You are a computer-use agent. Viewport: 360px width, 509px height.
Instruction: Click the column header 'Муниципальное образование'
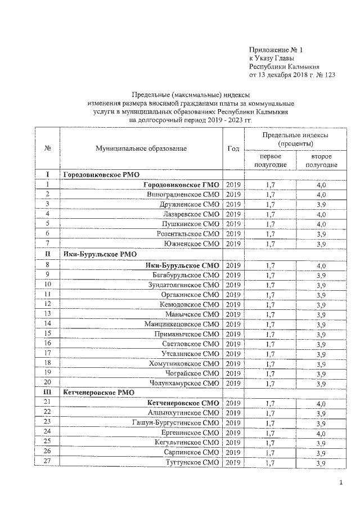tap(141, 148)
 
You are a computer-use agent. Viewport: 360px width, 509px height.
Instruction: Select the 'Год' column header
tap(233, 148)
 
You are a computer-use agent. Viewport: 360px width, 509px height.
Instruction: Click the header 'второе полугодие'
tap(321, 160)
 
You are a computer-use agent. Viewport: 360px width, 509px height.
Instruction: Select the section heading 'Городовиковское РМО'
tap(101, 175)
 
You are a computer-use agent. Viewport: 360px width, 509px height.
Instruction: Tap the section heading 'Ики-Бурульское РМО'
tap(96, 254)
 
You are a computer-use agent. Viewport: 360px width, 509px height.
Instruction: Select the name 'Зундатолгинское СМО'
tap(182, 285)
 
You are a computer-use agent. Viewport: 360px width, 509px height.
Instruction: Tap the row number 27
tap(47, 462)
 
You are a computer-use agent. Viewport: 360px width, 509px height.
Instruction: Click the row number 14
tap(47, 323)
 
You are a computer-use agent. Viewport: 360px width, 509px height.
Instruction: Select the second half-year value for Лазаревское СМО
tap(321, 214)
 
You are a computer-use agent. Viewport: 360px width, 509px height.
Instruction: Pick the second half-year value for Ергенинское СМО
tap(321, 433)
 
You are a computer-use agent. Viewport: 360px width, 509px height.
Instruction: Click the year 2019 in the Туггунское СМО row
tap(233, 463)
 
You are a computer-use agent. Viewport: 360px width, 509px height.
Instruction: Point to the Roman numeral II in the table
tap(47, 254)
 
